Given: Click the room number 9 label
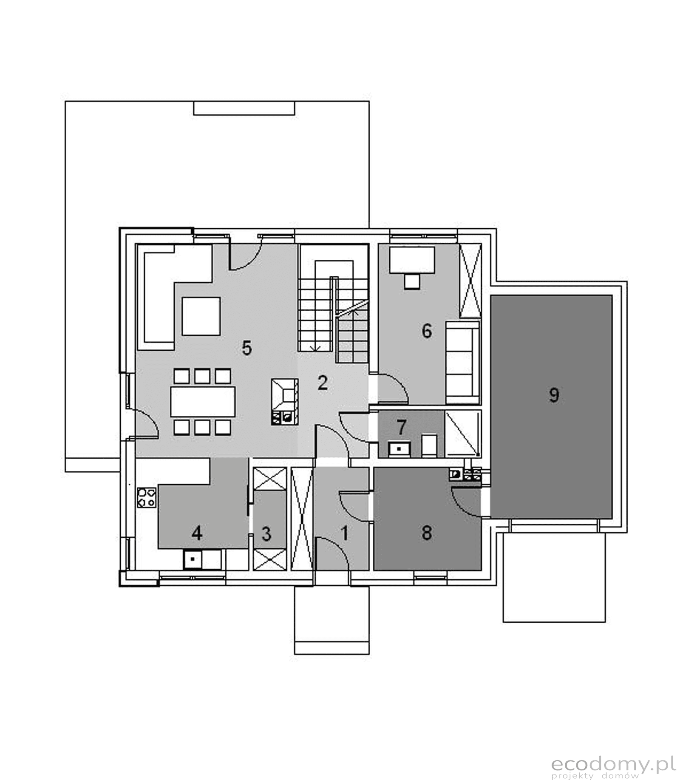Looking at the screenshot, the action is coord(554,395).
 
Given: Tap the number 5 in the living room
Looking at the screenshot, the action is coord(246,348).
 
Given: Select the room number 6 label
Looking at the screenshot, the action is coord(427,331).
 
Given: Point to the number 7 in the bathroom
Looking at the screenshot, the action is coord(401,427).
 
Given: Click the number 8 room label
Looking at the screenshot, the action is coord(427,532).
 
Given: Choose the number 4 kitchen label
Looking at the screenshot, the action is coord(196,533).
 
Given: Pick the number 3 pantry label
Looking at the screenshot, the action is coord(266,534).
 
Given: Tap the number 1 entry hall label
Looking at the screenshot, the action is coord(345,533).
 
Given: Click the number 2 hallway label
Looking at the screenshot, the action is coord(323,383).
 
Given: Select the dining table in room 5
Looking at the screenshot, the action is coord(203,401).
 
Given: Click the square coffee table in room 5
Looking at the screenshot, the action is coord(201,316).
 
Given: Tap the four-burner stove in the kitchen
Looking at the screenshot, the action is coord(147,497).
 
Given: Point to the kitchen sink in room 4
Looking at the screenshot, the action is coord(202,559).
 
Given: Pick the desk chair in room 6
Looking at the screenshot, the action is coord(411,282).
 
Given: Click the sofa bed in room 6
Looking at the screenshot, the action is coord(462,363).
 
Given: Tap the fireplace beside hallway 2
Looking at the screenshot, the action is coord(284,402).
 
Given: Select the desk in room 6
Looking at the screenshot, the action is coord(412,260).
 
